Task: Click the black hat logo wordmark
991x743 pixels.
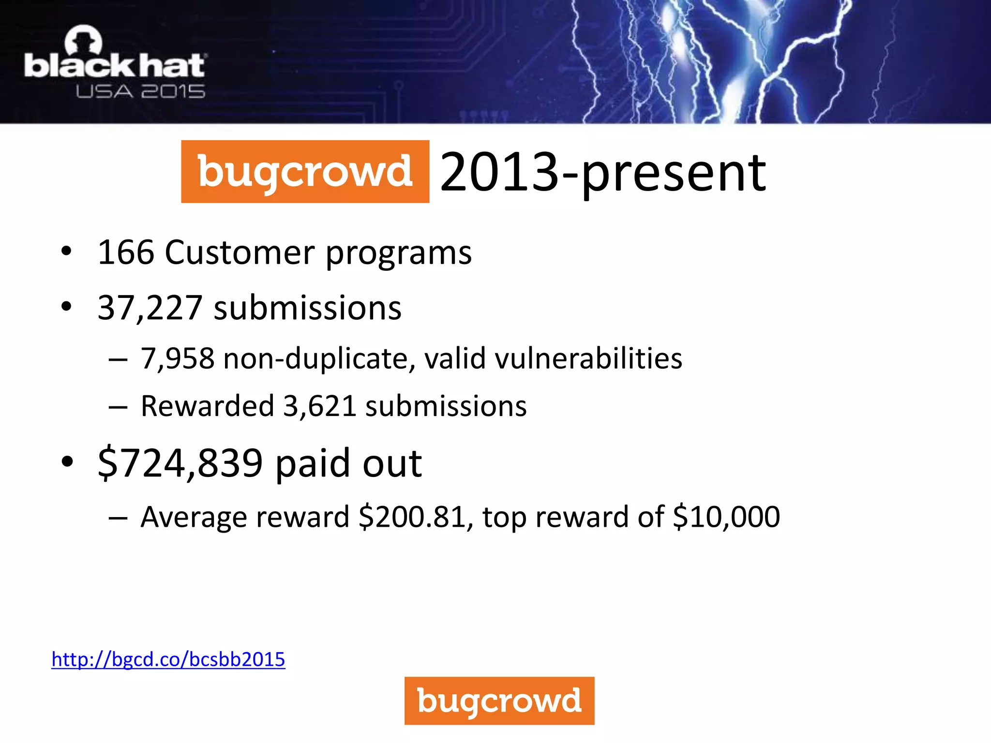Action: [115, 66]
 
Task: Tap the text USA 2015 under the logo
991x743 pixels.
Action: [140, 91]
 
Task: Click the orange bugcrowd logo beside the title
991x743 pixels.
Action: [305, 172]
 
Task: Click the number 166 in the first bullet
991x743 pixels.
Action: [126, 253]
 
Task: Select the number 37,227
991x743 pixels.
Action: [150, 308]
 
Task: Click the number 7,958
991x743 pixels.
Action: [177, 359]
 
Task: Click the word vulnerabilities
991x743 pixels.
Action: [588, 359]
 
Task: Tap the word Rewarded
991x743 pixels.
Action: [207, 406]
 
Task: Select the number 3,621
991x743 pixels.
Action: [320, 406]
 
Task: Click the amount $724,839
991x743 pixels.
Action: [180, 463]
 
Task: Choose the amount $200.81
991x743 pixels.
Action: [412, 517]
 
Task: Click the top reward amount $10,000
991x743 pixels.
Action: [726, 517]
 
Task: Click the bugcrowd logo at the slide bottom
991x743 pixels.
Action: [499, 700]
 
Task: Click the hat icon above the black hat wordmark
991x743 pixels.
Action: [84, 41]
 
